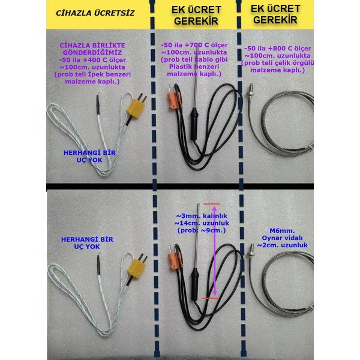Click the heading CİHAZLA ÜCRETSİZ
(x=95, y=13)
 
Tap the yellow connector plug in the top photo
(x=136, y=108)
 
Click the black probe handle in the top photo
(x=194, y=124)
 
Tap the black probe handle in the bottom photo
(x=194, y=284)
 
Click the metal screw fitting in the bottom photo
(x=251, y=252)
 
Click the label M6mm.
(x=282, y=230)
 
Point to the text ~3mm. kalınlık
(x=202, y=216)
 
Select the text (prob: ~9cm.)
(x=202, y=230)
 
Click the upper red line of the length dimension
(x=211, y=204)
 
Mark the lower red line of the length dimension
(x=210, y=298)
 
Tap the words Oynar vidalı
(x=282, y=238)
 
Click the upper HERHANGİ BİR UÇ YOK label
(x=89, y=157)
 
